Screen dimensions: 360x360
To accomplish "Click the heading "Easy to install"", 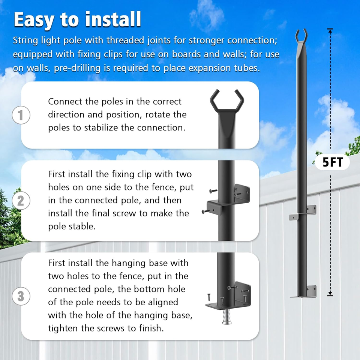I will tap(77, 19).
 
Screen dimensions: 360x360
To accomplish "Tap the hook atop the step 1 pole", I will tap(226, 99).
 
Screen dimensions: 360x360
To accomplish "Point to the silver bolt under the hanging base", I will tap(226, 317).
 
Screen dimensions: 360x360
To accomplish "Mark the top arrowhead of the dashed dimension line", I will tap(330, 30).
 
